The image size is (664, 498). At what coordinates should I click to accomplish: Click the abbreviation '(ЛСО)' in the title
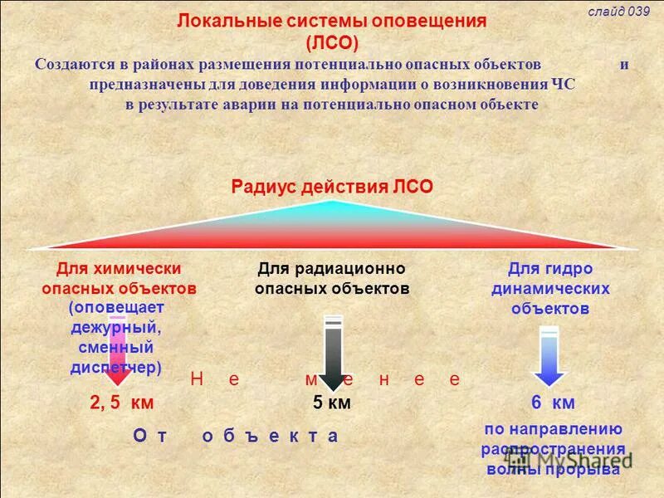[x=331, y=42]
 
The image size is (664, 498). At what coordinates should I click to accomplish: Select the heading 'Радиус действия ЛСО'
[x=331, y=187]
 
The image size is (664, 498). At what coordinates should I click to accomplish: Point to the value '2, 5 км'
[x=122, y=403]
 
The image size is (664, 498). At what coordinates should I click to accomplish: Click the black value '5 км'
[x=332, y=403]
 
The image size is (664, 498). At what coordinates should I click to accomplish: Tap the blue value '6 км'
[x=553, y=403]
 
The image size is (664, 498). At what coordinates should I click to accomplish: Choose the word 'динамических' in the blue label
[x=550, y=290]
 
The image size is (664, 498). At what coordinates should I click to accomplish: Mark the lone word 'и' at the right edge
[x=624, y=64]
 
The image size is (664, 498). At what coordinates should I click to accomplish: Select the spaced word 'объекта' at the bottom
[x=271, y=436]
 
